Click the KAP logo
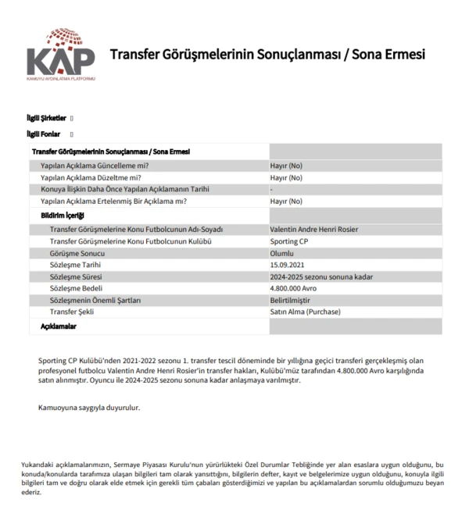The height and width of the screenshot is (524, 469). [x=61, y=56]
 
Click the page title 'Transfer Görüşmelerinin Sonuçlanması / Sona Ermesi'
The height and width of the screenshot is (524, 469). [x=267, y=55]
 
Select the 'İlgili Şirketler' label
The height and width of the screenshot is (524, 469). [x=47, y=118]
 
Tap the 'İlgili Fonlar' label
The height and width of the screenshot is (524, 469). [x=44, y=134]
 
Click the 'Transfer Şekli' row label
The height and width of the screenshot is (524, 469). [x=72, y=312]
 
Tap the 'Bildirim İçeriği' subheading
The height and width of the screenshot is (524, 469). [x=63, y=215]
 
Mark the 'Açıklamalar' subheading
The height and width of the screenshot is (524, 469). [x=59, y=326]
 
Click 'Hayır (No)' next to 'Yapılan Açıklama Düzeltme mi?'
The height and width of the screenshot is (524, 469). [x=285, y=177]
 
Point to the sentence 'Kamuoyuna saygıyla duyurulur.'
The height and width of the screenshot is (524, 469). [x=89, y=408]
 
